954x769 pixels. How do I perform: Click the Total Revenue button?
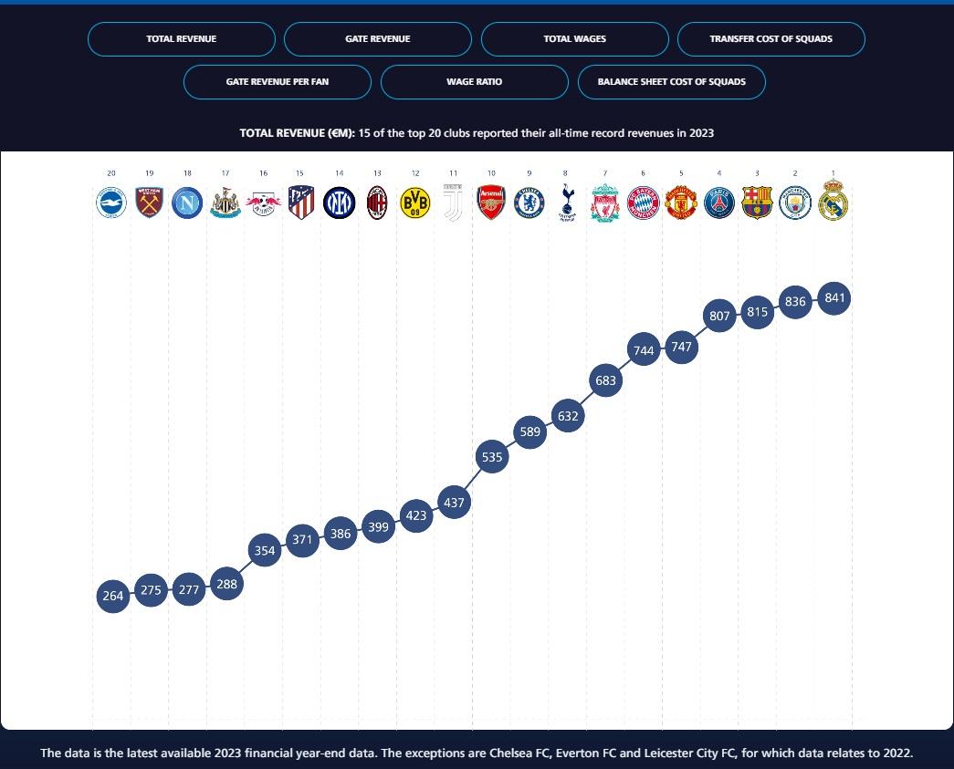pos(181,39)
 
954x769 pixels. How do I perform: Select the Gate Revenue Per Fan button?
pos(278,82)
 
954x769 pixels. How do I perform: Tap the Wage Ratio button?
pos(474,82)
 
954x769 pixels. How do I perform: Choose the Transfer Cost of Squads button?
pos(771,39)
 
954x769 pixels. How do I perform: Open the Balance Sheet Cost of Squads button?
pos(671,82)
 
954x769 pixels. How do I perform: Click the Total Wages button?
pos(574,39)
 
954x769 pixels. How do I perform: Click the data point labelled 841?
pos(834,297)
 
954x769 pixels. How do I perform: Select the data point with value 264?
pos(113,597)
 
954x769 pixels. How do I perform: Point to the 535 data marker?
pos(492,457)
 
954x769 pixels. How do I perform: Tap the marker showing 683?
pos(606,380)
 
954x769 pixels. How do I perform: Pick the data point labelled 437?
pos(454,502)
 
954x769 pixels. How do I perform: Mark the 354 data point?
pos(265,551)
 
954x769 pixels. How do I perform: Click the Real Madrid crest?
pos(833,203)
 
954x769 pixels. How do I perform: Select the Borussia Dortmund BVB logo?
pos(415,203)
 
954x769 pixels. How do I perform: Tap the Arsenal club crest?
pos(491,203)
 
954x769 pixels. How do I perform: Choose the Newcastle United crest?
pos(225,203)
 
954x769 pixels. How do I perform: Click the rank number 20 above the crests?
pos(111,172)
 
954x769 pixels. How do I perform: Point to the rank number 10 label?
pos(491,172)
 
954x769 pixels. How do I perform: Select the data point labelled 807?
pos(720,316)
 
